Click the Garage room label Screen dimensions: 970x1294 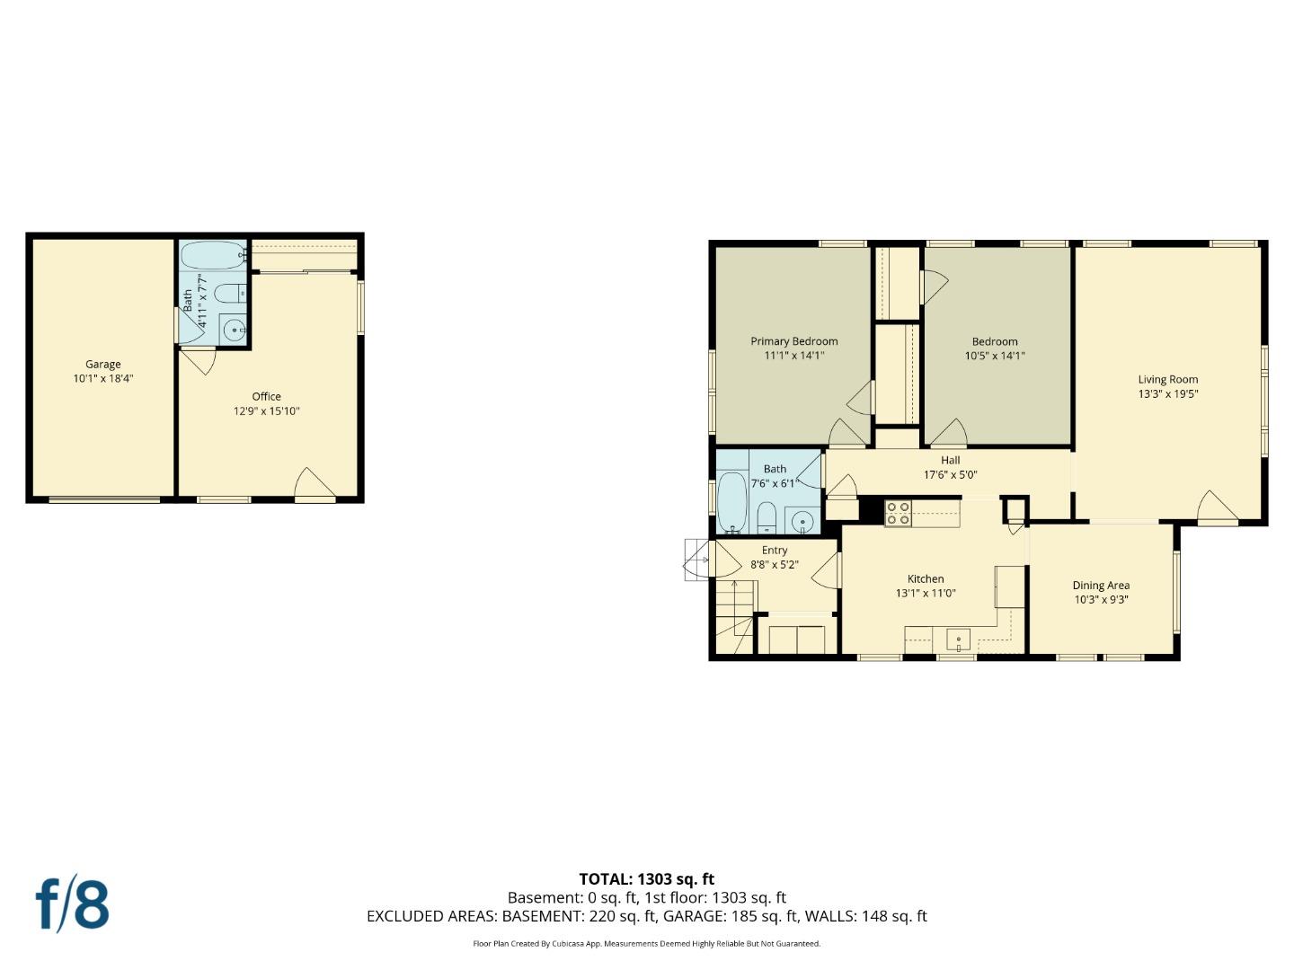(103, 364)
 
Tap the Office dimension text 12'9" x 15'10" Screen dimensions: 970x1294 (266, 411)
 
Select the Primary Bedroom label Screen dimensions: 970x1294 (794, 341)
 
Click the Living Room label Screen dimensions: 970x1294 (1167, 379)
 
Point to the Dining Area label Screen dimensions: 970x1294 (1101, 586)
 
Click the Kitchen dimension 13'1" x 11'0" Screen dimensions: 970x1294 (926, 594)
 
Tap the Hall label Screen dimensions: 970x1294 (950, 460)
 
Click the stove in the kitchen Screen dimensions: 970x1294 (898, 513)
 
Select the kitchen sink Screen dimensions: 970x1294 (958, 640)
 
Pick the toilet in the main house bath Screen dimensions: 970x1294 (767, 517)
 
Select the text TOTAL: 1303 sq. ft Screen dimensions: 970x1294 (646, 879)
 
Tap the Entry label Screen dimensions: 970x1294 (775, 551)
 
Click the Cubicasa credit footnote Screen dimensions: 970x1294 (646, 944)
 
